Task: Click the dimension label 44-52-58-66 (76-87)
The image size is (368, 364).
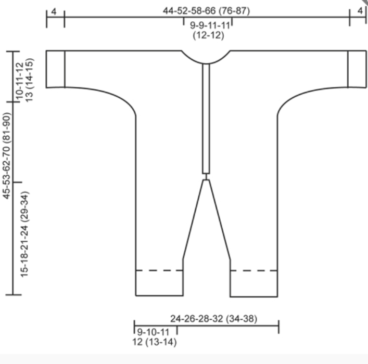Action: pos(206,11)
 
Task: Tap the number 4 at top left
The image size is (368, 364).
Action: pos(54,12)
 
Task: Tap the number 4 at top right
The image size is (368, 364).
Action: pos(360,11)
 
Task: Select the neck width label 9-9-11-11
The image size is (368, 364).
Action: pos(210,25)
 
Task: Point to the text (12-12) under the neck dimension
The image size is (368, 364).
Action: pos(208,35)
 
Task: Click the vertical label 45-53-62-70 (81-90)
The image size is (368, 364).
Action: pos(7,156)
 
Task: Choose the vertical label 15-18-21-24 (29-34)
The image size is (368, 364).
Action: pos(24,235)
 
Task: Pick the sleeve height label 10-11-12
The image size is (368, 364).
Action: pos(20,81)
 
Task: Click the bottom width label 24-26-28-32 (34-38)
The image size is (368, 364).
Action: pos(213,319)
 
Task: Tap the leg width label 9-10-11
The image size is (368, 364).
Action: pos(153,332)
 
